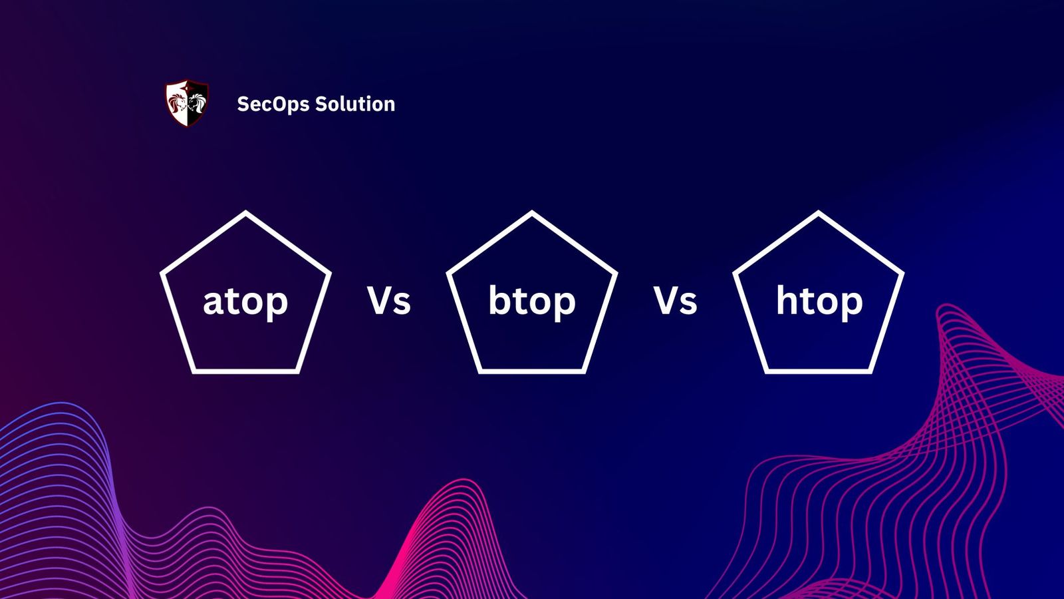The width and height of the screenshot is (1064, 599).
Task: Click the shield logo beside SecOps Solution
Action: click(187, 103)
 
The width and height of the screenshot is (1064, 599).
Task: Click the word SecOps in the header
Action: click(273, 104)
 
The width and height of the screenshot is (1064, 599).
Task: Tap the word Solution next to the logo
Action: click(355, 104)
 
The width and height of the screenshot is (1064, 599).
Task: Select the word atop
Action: click(245, 301)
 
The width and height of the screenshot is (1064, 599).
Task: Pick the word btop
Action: click(532, 301)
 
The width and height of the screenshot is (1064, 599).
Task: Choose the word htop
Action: click(819, 301)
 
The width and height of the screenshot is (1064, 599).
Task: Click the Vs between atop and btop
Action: click(389, 301)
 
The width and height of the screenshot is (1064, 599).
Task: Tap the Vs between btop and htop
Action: click(675, 301)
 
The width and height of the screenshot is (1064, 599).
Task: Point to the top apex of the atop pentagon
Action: click(245, 214)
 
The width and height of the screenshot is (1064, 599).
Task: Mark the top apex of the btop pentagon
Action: click(532, 214)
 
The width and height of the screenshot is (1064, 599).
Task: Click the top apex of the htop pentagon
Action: click(819, 214)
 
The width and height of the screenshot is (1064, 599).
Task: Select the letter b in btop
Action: click(500, 299)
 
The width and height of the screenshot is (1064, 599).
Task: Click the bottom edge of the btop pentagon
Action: click(532, 370)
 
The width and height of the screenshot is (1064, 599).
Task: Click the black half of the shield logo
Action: click(198, 103)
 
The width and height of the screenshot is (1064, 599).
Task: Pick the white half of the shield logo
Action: click(176, 103)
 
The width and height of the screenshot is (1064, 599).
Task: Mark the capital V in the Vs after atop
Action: click(379, 301)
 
